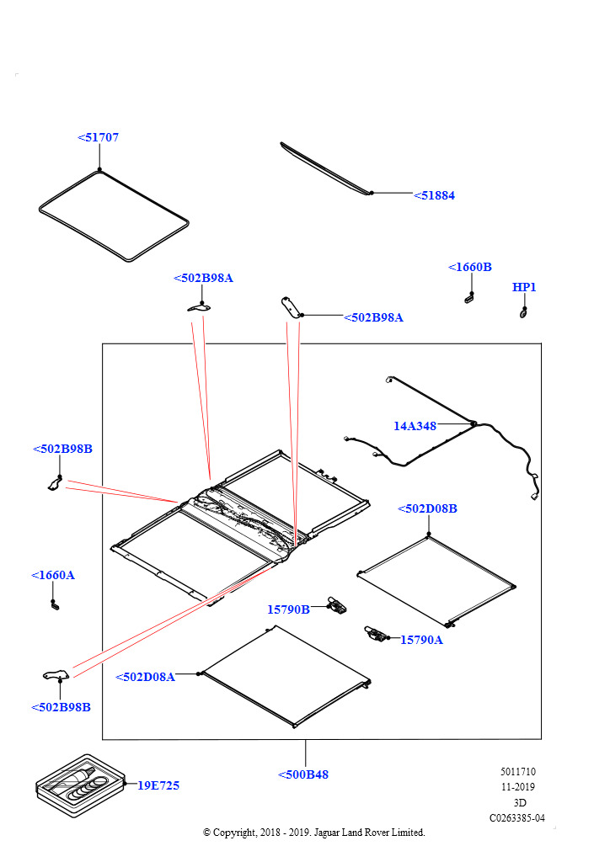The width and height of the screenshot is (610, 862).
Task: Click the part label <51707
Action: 99,137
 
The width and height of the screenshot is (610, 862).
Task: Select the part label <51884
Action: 435,195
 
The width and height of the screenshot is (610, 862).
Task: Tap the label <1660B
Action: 470,267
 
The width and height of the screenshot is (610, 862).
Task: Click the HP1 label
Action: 524,287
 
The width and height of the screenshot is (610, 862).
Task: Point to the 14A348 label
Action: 415,426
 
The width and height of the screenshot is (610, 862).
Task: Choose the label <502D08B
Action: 427,508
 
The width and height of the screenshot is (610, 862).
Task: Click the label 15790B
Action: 288,609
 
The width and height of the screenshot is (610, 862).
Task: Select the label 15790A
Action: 421,640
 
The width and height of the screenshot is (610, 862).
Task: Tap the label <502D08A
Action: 145,677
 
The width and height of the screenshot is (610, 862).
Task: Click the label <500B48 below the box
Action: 303,774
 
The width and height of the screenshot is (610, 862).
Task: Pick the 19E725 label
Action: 158,785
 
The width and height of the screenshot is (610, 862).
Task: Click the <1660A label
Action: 53,575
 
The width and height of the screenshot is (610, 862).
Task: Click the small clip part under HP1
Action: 523,312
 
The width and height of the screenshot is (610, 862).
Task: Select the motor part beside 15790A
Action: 374,634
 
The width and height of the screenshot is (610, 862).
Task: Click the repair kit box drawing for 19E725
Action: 80,786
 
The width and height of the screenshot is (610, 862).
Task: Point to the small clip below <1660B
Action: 469,296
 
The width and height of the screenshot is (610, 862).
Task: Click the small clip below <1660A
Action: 55,604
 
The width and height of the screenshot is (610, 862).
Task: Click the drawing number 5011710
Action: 517,772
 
